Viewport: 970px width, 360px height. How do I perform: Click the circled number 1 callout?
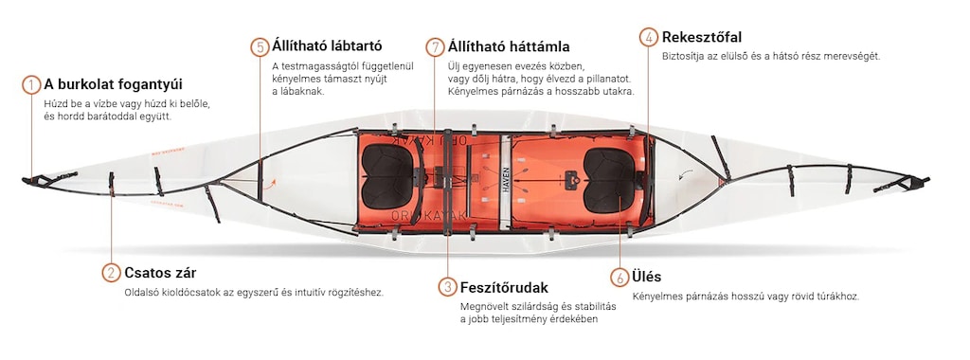pyautogui.click(x=31, y=84)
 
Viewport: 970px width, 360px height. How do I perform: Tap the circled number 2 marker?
pyautogui.click(x=112, y=273)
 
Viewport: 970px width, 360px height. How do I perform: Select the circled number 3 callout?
pyautogui.click(x=447, y=287)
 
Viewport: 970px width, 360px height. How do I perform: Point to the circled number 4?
pyautogui.click(x=648, y=37)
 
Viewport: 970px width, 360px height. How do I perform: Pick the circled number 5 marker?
pyautogui.click(x=260, y=47)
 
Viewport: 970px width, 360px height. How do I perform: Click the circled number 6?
pyautogui.click(x=620, y=278)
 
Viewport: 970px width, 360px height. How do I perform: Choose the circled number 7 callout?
pyautogui.click(x=435, y=47)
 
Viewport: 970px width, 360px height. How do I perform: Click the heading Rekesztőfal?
pyautogui.click(x=702, y=37)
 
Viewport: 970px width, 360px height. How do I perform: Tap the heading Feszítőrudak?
pyautogui.click(x=504, y=288)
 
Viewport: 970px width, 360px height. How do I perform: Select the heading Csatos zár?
pyautogui.click(x=160, y=273)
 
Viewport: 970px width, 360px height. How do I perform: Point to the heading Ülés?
pyautogui.click(x=646, y=277)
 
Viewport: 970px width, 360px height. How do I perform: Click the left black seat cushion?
pyautogui.click(x=387, y=176)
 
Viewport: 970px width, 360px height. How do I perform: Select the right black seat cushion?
pyautogui.click(x=609, y=179)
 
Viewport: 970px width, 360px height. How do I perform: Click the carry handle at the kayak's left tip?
pyautogui.click(x=38, y=181)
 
